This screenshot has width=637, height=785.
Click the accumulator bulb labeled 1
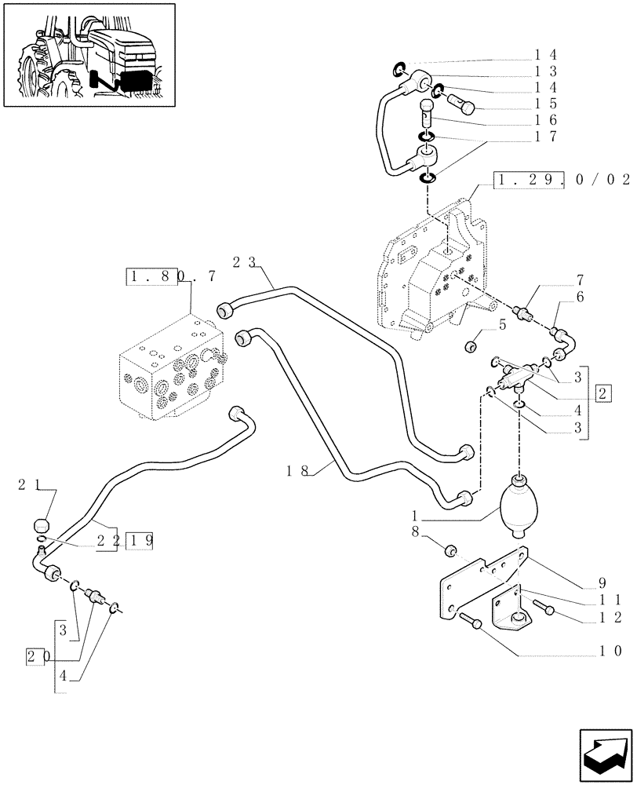pos(519,505)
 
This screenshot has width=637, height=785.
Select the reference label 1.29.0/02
pos(562,180)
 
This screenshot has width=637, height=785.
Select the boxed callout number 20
pos(34,655)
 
